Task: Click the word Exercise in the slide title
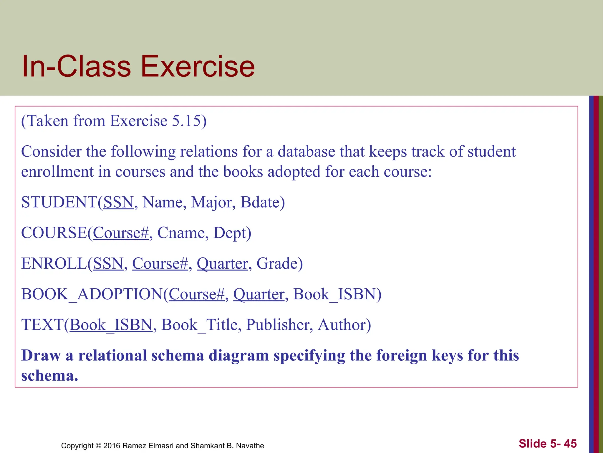pos(198,67)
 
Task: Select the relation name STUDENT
pos(59,202)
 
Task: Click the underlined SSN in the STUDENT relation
pos(119,202)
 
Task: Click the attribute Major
pos(211,202)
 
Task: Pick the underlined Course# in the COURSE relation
pos(121,233)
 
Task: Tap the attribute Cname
pos(181,233)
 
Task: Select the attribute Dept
pos(230,233)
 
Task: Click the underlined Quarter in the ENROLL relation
pos(222,264)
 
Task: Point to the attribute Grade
pos(277,264)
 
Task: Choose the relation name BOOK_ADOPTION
pos(92,294)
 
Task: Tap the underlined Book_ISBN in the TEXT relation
pos(111,325)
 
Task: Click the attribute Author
pos(342,325)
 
